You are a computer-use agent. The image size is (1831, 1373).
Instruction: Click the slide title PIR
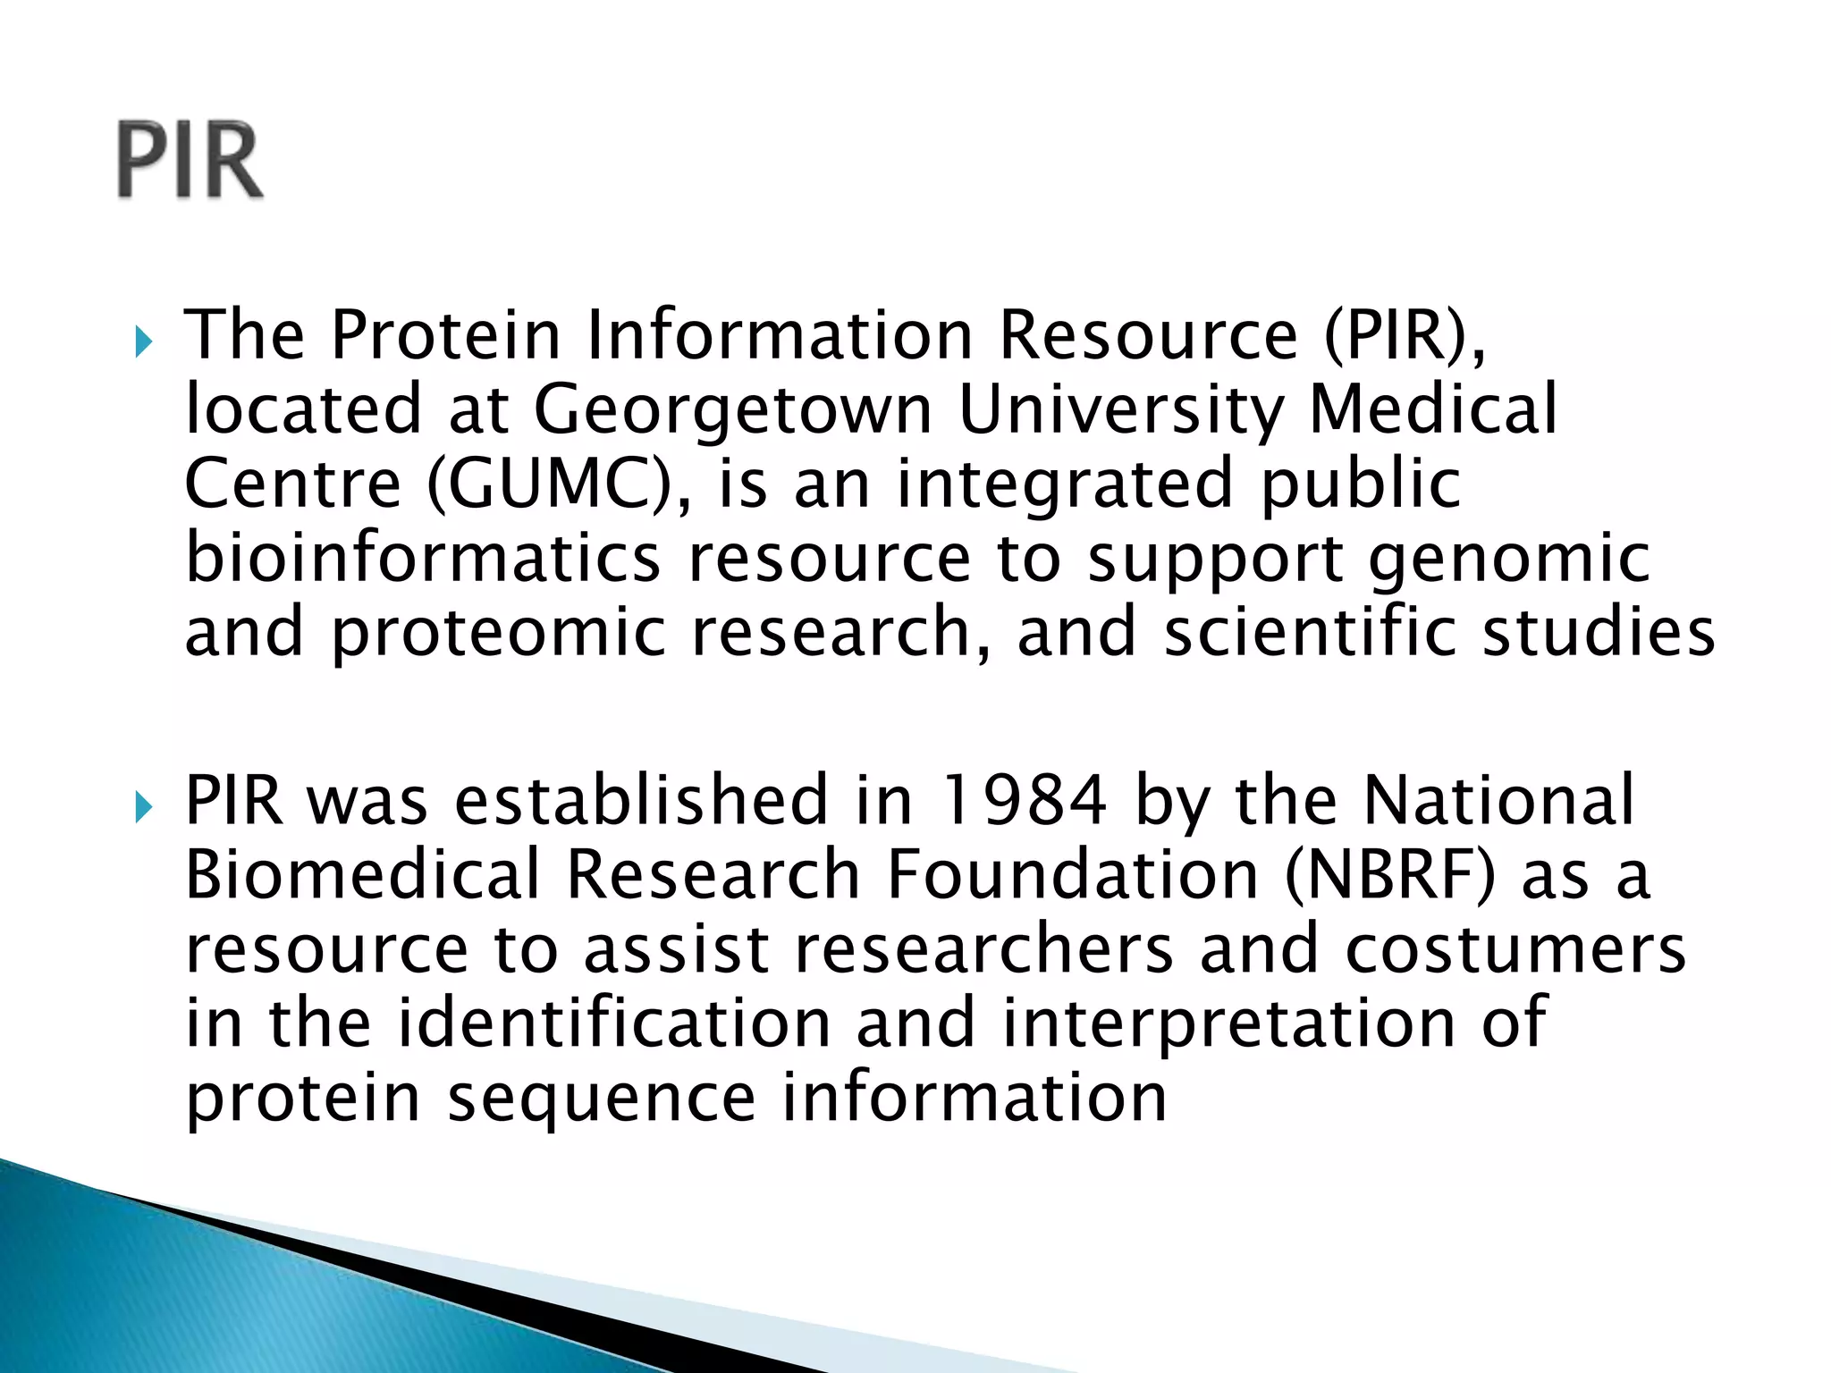click(190, 161)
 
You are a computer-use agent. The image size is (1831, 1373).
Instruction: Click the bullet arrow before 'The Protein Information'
click(143, 341)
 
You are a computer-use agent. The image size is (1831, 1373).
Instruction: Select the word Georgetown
click(733, 409)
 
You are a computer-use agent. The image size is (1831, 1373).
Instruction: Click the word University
click(1119, 409)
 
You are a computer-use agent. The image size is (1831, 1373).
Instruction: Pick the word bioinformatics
click(423, 558)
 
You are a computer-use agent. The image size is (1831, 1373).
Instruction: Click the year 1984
click(1025, 799)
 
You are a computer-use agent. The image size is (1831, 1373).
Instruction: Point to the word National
click(1498, 799)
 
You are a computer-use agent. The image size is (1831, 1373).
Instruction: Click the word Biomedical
click(363, 874)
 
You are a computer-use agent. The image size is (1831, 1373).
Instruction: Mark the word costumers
click(1515, 949)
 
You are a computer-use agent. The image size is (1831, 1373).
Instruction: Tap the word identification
click(614, 1023)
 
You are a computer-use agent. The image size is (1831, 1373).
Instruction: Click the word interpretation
click(1227, 1024)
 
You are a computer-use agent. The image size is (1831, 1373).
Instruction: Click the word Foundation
click(1073, 874)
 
